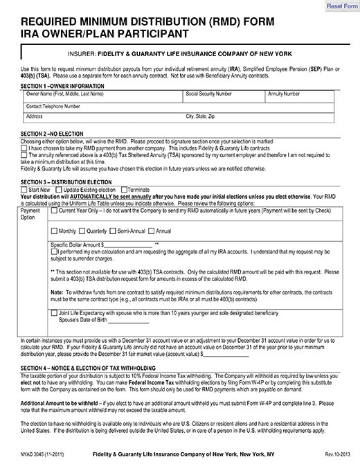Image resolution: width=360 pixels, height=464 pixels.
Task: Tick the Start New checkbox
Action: click(25, 190)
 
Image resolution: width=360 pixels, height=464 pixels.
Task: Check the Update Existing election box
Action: click(60, 190)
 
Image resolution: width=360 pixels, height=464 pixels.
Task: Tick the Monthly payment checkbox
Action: click(55, 231)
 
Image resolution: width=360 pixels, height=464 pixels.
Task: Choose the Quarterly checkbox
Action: click(83, 231)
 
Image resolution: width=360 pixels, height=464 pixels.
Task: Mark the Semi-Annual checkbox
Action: click(114, 231)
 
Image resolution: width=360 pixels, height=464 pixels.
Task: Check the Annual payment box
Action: click(152, 231)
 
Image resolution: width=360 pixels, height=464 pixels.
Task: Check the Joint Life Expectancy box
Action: click(55, 312)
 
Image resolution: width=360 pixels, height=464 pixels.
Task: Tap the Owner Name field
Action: click(104, 98)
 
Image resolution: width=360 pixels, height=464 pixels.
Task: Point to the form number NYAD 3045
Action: click(32, 454)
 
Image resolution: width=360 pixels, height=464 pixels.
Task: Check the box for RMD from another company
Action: click(25, 148)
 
